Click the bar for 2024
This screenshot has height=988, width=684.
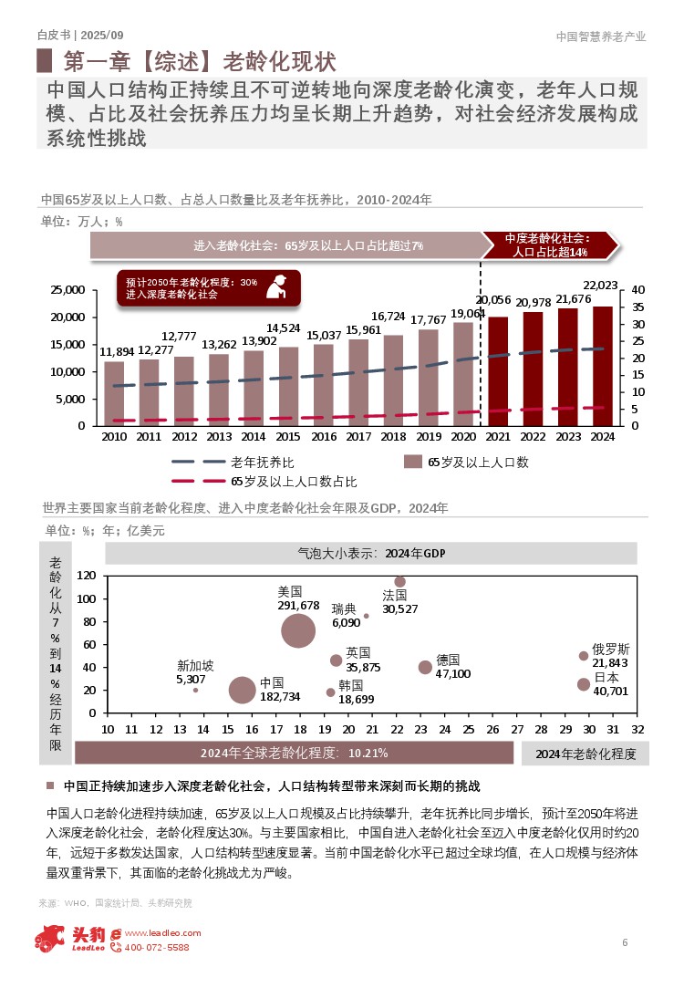603,366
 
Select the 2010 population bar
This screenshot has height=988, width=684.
114,393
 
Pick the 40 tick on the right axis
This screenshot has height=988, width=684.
637,290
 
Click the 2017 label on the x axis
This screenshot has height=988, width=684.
358,437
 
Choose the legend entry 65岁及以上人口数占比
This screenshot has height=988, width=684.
293,481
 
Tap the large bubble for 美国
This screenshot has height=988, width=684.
299,630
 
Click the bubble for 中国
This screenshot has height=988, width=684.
242,690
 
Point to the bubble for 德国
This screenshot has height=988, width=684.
425,667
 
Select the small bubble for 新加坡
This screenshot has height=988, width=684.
195,690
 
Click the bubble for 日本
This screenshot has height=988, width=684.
584,684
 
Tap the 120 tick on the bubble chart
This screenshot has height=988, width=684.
87,576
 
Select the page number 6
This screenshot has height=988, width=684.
625,942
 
